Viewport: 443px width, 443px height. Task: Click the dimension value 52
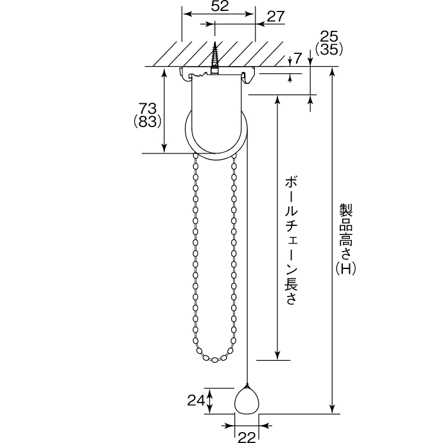pyautogui.click(x=220, y=6)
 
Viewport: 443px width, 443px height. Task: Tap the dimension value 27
pyautogui.click(x=275, y=17)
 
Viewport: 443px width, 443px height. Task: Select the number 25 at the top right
pyautogui.click(x=329, y=37)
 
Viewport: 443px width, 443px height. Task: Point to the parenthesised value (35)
pyautogui.click(x=329, y=49)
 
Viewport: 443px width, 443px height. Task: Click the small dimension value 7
pyautogui.click(x=298, y=58)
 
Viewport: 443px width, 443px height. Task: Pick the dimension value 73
pyautogui.click(x=147, y=109)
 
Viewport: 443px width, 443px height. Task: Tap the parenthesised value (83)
pyautogui.click(x=147, y=121)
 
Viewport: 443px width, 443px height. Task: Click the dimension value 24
pyautogui.click(x=196, y=401)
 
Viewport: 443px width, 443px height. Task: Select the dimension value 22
pyautogui.click(x=247, y=437)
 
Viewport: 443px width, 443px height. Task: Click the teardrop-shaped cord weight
pyautogui.click(x=247, y=400)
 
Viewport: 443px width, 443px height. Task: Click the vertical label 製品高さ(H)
pyautogui.click(x=346, y=239)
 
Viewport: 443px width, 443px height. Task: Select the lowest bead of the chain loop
pyautogui.click(x=214, y=360)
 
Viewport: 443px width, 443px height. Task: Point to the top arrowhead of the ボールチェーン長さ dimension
pyautogui.click(x=278, y=100)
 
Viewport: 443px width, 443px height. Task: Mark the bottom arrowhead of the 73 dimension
pyautogui.click(x=164, y=148)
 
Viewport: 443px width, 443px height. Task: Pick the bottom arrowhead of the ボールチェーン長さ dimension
pyautogui.click(x=278, y=355)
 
